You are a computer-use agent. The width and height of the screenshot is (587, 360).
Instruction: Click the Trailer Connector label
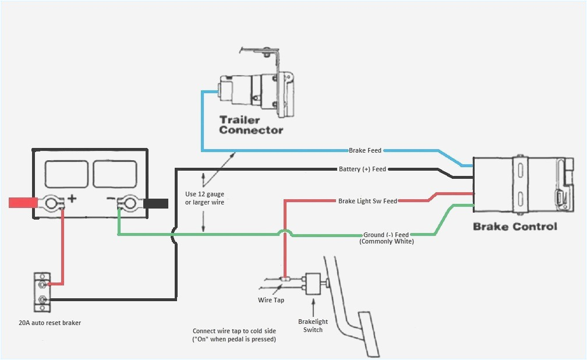point(250,125)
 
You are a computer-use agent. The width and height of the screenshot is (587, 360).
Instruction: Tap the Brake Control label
point(515,227)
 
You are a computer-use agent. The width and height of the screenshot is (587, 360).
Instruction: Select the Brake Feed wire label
point(365,150)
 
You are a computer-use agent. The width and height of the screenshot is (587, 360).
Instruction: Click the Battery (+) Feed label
point(362,170)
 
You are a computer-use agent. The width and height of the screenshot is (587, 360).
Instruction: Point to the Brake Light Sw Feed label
point(367,201)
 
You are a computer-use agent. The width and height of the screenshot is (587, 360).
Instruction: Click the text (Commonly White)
point(387,241)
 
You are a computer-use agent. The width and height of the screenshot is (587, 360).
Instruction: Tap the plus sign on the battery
point(72,199)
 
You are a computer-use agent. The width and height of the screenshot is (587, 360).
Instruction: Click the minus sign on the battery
point(111,199)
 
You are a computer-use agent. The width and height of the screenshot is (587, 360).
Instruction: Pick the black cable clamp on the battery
point(156,203)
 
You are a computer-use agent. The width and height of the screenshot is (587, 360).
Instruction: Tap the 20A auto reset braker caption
point(49,323)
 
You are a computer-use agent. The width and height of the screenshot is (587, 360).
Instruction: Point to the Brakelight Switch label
point(313,325)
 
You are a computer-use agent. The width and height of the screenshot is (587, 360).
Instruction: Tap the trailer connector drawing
point(256,87)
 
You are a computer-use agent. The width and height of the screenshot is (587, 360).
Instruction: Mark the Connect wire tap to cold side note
point(234,335)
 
